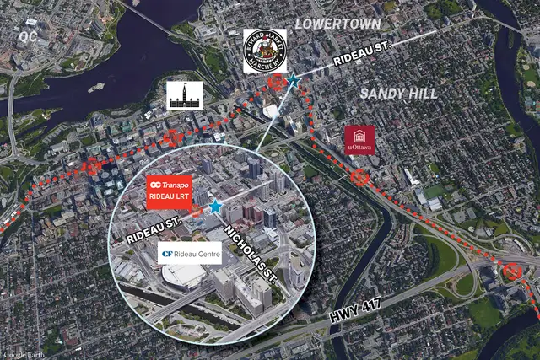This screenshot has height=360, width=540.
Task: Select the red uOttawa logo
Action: coord(359,140)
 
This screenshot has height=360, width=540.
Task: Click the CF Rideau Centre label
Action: coord(190,253)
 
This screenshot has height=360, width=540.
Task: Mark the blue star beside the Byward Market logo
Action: coord(293,80)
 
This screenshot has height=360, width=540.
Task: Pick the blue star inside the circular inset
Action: coord(215,207)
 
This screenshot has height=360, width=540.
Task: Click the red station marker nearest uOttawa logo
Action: coord(360,177)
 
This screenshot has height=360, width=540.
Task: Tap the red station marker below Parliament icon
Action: coord(173,137)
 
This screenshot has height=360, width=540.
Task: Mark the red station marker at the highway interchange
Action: coord(512,272)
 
